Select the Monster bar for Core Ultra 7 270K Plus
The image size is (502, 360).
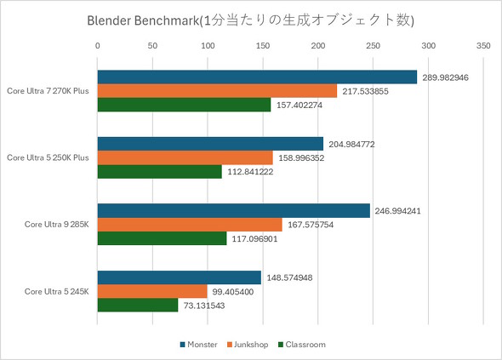click(x=257, y=77)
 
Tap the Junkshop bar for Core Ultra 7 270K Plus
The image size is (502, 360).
click(x=217, y=91)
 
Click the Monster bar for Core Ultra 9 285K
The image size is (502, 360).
click(x=234, y=211)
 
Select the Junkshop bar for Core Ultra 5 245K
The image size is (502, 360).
click(x=152, y=291)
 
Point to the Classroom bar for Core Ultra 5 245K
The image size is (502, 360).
click(x=138, y=305)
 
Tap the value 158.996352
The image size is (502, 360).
click(x=304, y=158)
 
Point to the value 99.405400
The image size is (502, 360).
click(x=235, y=291)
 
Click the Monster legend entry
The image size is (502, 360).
click(x=200, y=345)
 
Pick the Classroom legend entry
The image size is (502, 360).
click(x=303, y=345)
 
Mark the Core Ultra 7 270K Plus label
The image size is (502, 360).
click(x=48, y=91)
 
